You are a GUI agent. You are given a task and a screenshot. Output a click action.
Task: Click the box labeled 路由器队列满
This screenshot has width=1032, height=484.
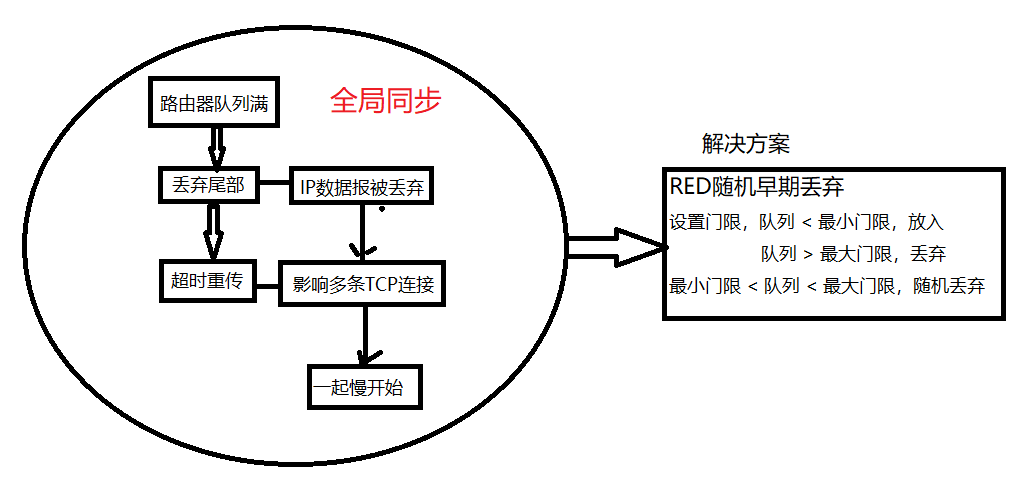pyautogui.click(x=212, y=102)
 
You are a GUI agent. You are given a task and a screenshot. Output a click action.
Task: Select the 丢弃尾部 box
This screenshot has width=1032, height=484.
pyautogui.click(x=209, y=185)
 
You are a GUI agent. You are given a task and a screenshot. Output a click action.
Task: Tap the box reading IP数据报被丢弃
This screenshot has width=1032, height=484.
pyautogui.click(x=363, y=187)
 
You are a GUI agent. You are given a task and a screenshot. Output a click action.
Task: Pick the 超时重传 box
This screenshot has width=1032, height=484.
pyautogui.click(x=207, y=278)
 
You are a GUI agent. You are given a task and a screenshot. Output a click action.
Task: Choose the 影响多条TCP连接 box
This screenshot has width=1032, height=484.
pyautogui.click(x=363, y=285)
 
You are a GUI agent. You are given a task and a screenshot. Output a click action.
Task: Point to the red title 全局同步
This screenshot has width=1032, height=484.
pyautogui.click(x=385, y=100)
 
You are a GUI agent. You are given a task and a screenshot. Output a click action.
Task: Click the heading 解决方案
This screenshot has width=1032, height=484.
pyautogui.click(x=746, y=144)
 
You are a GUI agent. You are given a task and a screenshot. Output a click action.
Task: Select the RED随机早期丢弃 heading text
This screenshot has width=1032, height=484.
pyautogui.click(x=759, y=187)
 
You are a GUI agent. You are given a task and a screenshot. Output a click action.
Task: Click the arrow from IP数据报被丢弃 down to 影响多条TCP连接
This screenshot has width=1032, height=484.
pyautogui.click(x=363, y=233)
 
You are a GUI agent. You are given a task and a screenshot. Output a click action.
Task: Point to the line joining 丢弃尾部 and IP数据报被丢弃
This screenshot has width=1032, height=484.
pyautogui.click(x=274, y=185)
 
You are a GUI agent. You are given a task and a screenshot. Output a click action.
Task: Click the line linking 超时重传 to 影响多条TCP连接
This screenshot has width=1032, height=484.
pyautogui.click(x=266, y=287)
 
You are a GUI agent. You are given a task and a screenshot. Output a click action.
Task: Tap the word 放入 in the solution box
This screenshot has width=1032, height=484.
pyautogui.click(x=926, y=222)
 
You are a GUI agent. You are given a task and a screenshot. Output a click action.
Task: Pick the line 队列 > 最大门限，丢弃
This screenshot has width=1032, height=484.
pyautogui.click(x=853, y=254)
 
